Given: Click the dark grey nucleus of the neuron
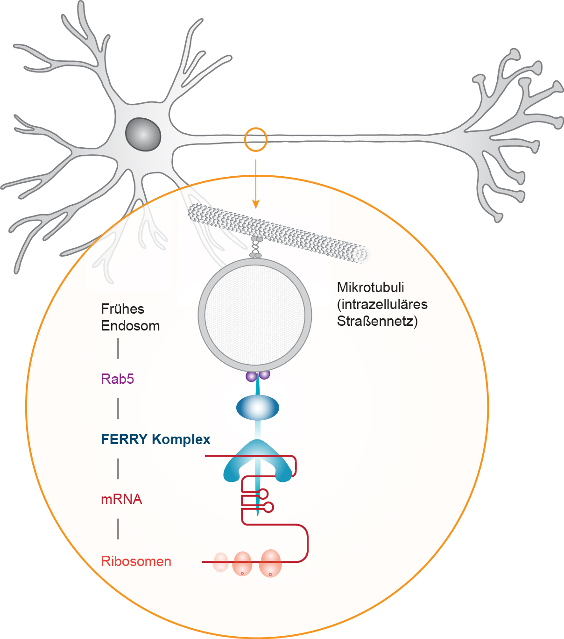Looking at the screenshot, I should [143, 135].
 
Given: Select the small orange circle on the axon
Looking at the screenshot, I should [255, 139].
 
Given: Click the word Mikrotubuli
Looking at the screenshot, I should [370, 287].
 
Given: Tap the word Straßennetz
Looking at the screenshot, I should [377, 322].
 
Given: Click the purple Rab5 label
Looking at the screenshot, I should [118, 379].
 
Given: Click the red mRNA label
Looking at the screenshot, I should [121, 499].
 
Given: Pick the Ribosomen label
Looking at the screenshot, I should [136, 561].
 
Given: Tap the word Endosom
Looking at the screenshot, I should [130, 326].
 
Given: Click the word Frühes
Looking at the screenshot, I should [123, 309].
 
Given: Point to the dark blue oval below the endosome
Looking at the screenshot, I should [258, 408].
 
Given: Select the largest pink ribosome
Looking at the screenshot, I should [270, 563].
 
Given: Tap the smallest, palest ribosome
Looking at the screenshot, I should [220, 562].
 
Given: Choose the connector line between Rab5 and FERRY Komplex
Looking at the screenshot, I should [118, 409].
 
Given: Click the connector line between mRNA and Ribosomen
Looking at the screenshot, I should [118, 529].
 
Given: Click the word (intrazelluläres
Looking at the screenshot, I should [382, 304].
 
